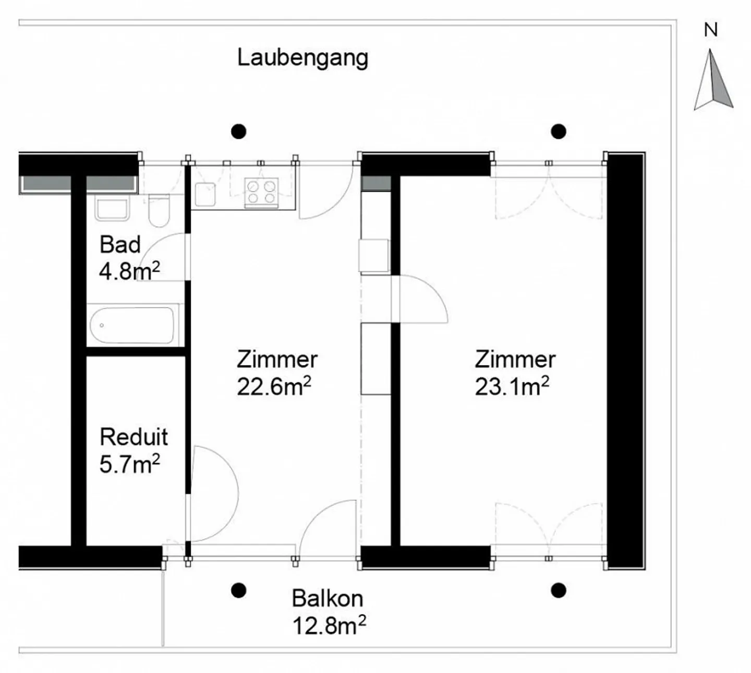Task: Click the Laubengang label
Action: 302,57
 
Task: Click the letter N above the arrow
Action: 711,30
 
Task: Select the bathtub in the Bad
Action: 132,325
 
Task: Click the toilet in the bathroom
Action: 159,210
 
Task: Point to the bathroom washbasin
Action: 112,209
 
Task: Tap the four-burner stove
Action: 261,191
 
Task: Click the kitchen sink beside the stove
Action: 205,194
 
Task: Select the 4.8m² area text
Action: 129,271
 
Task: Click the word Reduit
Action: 134,437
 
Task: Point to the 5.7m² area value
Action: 129,464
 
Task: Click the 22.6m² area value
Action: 274,387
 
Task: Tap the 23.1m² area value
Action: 512,387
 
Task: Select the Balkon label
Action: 327,598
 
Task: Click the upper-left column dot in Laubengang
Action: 238,131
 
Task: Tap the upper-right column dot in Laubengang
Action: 559,131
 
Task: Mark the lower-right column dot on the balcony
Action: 559,591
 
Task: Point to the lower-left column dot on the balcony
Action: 238,591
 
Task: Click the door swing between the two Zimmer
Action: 420,300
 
